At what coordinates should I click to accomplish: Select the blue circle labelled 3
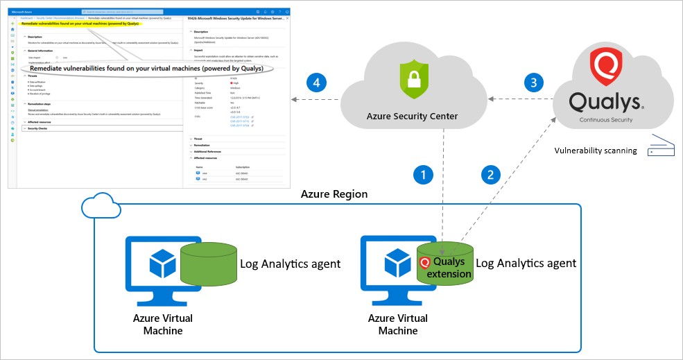[533, 83]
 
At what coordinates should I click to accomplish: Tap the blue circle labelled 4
[316, 83]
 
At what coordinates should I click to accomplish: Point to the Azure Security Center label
[412, 116]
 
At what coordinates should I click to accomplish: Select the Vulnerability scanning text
[596, 150]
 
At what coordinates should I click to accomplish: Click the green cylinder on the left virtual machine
[207, 264]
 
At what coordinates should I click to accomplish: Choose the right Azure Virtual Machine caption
[398, 324]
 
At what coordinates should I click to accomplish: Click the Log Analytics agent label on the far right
[526, 264]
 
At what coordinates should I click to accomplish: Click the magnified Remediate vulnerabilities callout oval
[146, 69]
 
